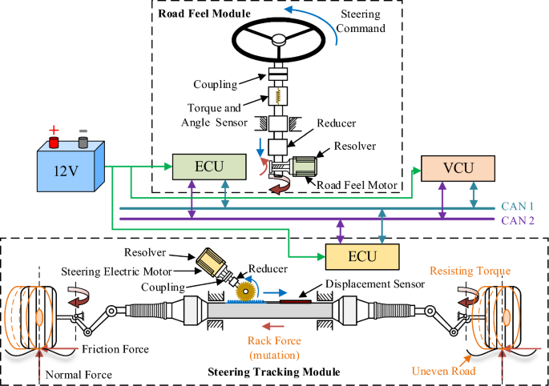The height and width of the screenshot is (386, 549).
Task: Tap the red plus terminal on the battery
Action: pos(54,140)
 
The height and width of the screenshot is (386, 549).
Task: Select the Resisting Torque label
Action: pos(470,271)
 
